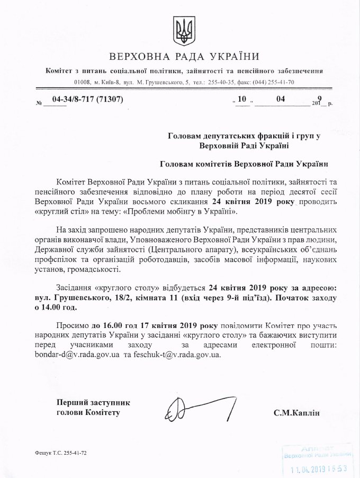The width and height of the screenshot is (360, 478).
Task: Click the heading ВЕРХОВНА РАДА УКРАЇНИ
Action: tap(184, 57)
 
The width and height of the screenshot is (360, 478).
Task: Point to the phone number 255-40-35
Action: tap(223, 82)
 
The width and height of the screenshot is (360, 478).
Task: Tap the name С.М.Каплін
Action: tap(298, 412)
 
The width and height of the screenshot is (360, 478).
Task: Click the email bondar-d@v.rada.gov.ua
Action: tap(87, 355)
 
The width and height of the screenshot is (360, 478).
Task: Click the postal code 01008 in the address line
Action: tap(83, 82)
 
